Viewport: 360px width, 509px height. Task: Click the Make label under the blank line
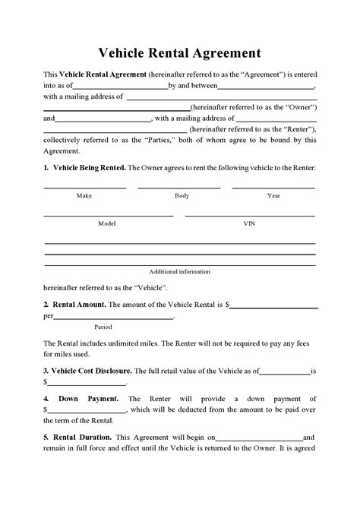(x=84, y=196)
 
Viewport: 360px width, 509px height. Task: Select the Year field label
(x=273, y=196)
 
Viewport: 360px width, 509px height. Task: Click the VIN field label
(x=249, y=224)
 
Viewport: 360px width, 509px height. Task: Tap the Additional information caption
(x=180, y=271)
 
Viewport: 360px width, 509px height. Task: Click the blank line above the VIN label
(x=251, y=216)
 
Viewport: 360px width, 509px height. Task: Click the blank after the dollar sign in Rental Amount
(x=273, y=307)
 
